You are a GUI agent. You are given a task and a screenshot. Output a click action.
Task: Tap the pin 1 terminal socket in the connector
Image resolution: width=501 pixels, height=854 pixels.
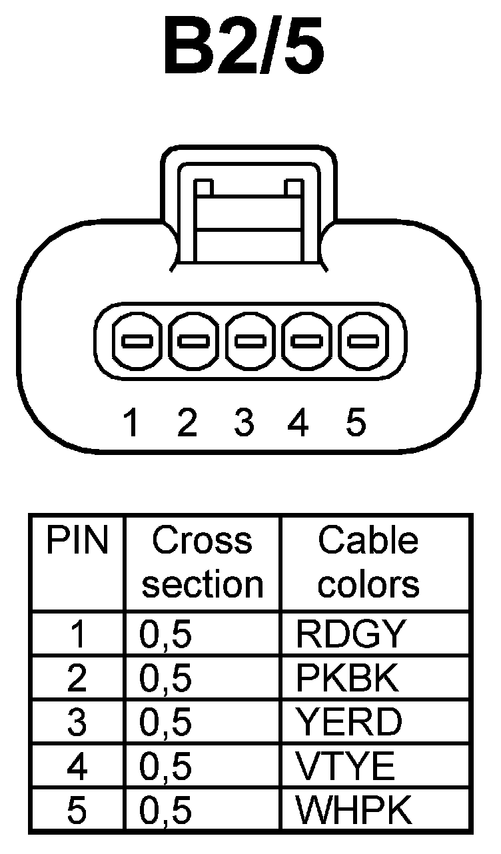click(138, 342)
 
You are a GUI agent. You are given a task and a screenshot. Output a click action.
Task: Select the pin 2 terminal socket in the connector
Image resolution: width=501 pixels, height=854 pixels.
click(195, 342)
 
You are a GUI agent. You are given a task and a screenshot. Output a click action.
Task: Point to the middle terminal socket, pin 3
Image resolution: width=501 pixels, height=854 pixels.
click(251, 342)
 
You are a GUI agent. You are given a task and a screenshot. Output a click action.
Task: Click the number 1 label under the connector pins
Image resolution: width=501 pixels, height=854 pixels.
click(133, 422)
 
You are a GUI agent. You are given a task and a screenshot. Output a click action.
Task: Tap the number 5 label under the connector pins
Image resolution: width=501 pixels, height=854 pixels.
click(356, 422)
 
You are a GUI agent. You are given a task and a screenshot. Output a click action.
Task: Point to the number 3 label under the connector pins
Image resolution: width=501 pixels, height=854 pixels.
click(245, 422)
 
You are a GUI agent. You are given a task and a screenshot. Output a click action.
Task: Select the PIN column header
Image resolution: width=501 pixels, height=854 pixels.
click(77, 542)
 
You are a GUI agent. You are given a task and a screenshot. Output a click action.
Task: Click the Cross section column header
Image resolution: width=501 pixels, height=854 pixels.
click(203, 562)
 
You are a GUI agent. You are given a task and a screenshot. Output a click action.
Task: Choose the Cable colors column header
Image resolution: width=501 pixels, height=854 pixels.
click(368, 562)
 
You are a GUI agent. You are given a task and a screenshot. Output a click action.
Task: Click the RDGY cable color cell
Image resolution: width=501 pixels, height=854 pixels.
click(350, 635)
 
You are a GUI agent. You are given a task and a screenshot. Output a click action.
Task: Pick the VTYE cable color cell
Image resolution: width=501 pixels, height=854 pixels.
click(346, 766)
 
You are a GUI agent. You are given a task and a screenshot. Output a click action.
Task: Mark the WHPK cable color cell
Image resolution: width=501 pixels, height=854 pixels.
click(354, 810)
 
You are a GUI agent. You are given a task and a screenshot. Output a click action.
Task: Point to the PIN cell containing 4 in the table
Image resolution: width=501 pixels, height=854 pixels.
click(77, 766)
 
